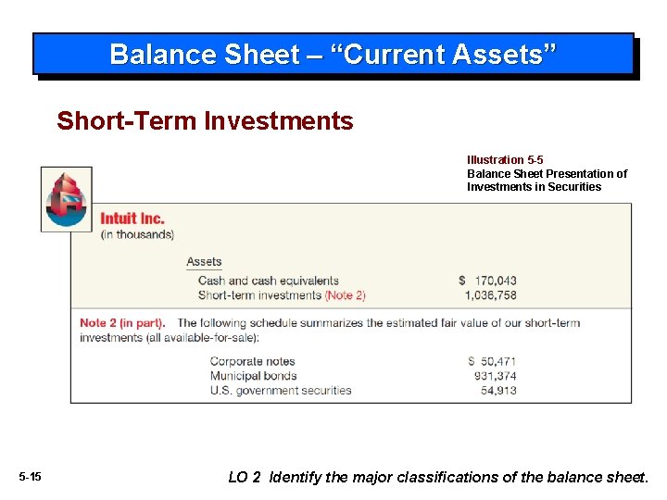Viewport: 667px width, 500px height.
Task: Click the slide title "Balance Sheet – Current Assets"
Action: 333,54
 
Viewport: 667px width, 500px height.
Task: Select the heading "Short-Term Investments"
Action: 205,121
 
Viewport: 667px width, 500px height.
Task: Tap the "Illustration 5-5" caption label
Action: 505,160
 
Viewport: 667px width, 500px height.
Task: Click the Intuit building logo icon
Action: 67,199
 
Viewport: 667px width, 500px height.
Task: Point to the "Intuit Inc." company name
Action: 132,219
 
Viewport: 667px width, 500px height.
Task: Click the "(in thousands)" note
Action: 137,234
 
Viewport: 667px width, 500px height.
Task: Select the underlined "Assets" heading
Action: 204,262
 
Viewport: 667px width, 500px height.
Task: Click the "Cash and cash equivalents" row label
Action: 269,281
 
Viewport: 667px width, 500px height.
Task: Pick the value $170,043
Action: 487,281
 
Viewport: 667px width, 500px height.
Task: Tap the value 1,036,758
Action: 491,295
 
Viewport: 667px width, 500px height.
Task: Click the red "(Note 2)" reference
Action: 345,295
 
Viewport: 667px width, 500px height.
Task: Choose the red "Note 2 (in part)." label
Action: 122,323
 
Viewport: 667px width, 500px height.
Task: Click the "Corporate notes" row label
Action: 252,361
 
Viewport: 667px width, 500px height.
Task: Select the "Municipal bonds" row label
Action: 253,376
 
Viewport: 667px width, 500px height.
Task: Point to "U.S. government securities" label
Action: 281,391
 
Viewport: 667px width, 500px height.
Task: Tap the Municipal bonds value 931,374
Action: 495,376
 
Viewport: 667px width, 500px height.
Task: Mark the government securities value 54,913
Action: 498,391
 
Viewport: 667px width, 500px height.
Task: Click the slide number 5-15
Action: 30,477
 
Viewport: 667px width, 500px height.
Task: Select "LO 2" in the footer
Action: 245,477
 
